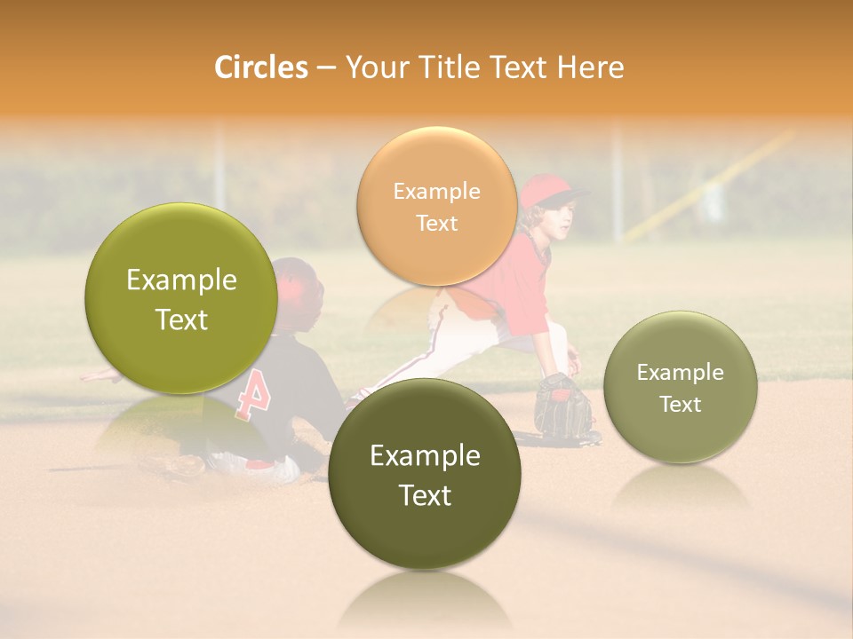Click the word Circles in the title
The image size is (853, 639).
(x=260, y=67)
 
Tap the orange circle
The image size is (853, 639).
(x=436, y=206)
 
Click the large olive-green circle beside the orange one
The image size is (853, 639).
(x=181, y=298)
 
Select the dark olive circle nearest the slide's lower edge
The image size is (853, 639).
(x=425, y=474)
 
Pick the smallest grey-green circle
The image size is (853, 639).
(x=681, y=387)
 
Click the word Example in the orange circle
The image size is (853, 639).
(x=436, y=191)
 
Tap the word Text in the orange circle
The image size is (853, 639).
(x=436, y=223)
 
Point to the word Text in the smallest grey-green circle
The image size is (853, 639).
(x=681, y=404)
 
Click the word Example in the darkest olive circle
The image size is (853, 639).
(x=425, y=455)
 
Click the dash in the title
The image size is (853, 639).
(x=326, y=67)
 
